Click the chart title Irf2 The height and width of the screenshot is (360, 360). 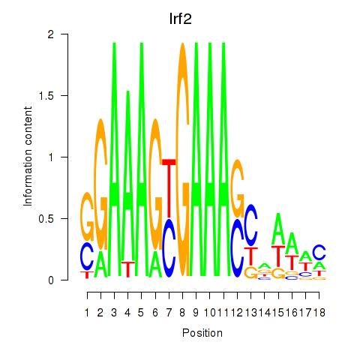click(180, 19)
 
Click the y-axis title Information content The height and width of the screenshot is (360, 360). click(28, 157)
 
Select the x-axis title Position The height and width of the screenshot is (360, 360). click(202, 333)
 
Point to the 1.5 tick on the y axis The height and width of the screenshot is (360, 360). click(64, 95)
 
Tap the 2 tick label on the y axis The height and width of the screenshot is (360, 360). click(51, 34)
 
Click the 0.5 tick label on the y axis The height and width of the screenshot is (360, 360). click(46, 219)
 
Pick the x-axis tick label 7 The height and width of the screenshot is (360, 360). click(169, 313)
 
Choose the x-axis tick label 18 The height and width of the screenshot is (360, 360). click(319, 313)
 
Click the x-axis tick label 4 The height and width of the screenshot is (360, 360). click(127, 313)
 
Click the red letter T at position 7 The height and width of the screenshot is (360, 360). click(169, 188)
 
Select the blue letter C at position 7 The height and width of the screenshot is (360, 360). click(169, 248)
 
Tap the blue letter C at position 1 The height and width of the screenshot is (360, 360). click(87, 256)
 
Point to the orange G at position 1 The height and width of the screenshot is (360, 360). click(87, 217)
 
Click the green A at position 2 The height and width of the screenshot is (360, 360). click(100, 264)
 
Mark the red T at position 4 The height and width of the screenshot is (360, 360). click(128, 269)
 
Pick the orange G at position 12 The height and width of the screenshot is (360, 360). click(237, 188)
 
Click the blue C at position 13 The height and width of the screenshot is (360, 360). click(250, 225)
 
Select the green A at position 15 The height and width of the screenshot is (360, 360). click(278, 229)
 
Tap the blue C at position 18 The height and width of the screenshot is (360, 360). click(319, 252)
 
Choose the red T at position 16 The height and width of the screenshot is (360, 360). click(292, 262)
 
